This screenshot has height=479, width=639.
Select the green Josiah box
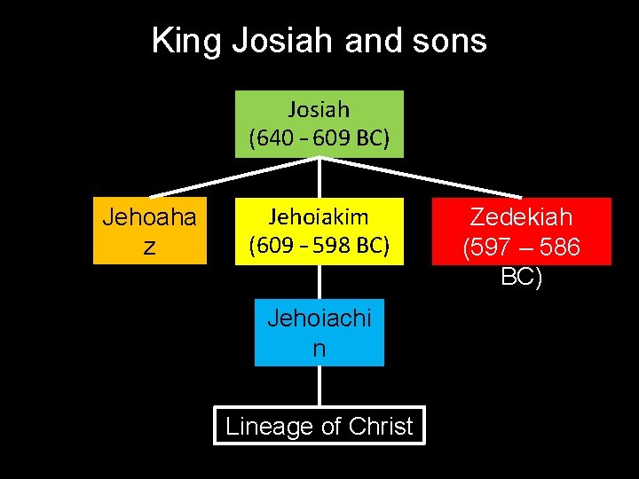click(319, 123)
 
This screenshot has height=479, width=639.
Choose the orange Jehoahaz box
click(149, 231)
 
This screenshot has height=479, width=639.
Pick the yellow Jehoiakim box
click(319, 231)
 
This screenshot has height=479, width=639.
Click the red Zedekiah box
click(521, 231)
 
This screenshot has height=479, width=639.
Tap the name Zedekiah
click(521, 217)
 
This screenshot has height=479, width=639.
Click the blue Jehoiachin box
click(319, 333)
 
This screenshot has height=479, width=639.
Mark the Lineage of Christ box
click(319, 426)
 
